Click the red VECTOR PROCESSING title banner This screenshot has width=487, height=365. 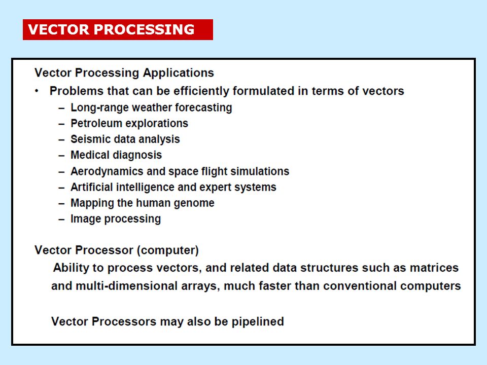(118, 29)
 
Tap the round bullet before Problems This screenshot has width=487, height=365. (37, 91)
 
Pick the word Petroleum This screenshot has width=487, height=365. (96, 123)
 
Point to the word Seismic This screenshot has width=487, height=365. (89, 139)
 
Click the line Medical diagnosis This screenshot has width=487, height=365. (116, 155)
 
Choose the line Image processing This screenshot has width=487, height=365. (116, 219)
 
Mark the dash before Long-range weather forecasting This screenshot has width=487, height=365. (61, 108)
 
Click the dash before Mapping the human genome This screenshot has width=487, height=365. (61, 203)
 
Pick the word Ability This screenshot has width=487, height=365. (71, 267)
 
